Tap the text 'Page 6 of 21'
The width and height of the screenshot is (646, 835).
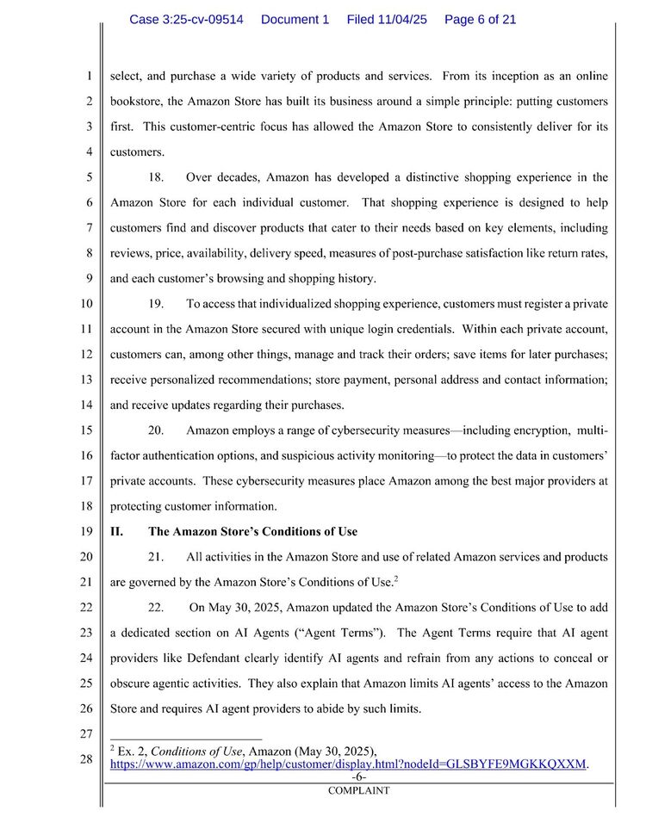point(480,19)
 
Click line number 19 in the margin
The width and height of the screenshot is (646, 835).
point(86,531)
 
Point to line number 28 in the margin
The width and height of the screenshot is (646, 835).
point(86,759)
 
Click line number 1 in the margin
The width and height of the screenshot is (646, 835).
point(89,76)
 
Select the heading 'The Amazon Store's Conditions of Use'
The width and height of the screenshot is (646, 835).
point(252,531)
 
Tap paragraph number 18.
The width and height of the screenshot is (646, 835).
point(156,177)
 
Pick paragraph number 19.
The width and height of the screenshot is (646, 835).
point(156,304)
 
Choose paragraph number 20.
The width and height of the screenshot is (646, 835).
point(156,430)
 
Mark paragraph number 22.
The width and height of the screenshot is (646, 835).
point(156,607)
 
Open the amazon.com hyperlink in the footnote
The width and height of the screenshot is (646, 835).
point(349,764)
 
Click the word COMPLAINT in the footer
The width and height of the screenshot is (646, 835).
point(358,790)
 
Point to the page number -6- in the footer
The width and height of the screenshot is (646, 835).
point(358,776)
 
